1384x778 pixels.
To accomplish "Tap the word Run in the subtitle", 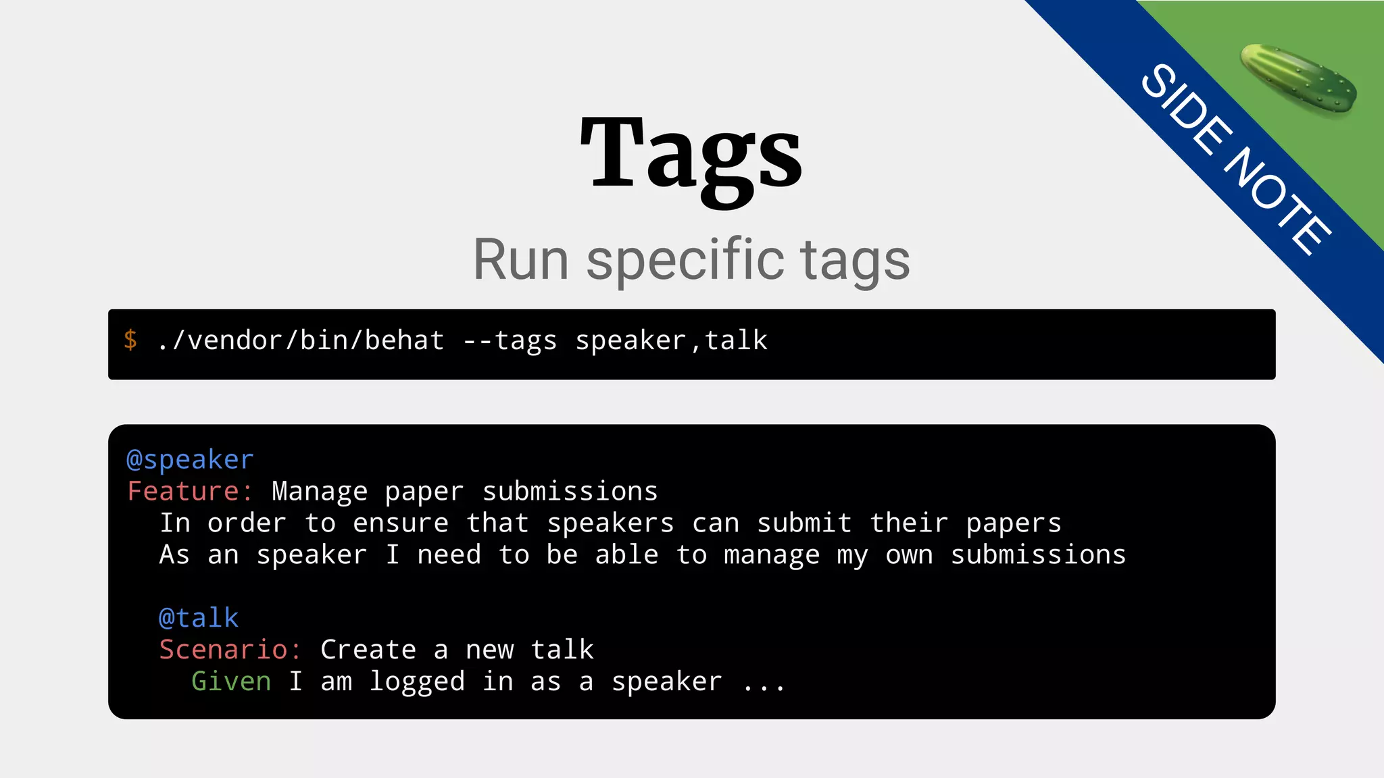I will pyautogui.click(x=520, y=260).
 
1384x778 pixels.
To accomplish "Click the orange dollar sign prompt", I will pyautogui.click(x=130, y=340).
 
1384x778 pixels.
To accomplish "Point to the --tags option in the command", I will pyautogui.click(x=510, y=341).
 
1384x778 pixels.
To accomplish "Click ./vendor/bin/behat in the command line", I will pyautogui.click(x=300, y=341).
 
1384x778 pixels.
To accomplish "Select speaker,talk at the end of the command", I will pyautogui.click(x=671, y=341).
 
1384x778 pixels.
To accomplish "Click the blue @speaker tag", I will pyautogui.click(x=190, y=460).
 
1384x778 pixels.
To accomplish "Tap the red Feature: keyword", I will pyautogui.click(x=190, y=492).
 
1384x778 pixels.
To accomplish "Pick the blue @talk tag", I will pyautogui.click(x=199, y=618).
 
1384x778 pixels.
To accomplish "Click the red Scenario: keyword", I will pyautogui.click(x=230, y=650).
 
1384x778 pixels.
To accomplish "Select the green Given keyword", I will pyautogui.click(x=231, y=681).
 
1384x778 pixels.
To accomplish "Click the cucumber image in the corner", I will pyautogui.click(x=1298, y=78).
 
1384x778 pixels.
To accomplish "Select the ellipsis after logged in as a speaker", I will pyautogui.click(x=764, y=683).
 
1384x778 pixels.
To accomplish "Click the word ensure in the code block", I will pyautogui.click(x=400, y=523).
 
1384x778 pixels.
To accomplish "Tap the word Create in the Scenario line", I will pyautogui.click(x=368, y=650).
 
